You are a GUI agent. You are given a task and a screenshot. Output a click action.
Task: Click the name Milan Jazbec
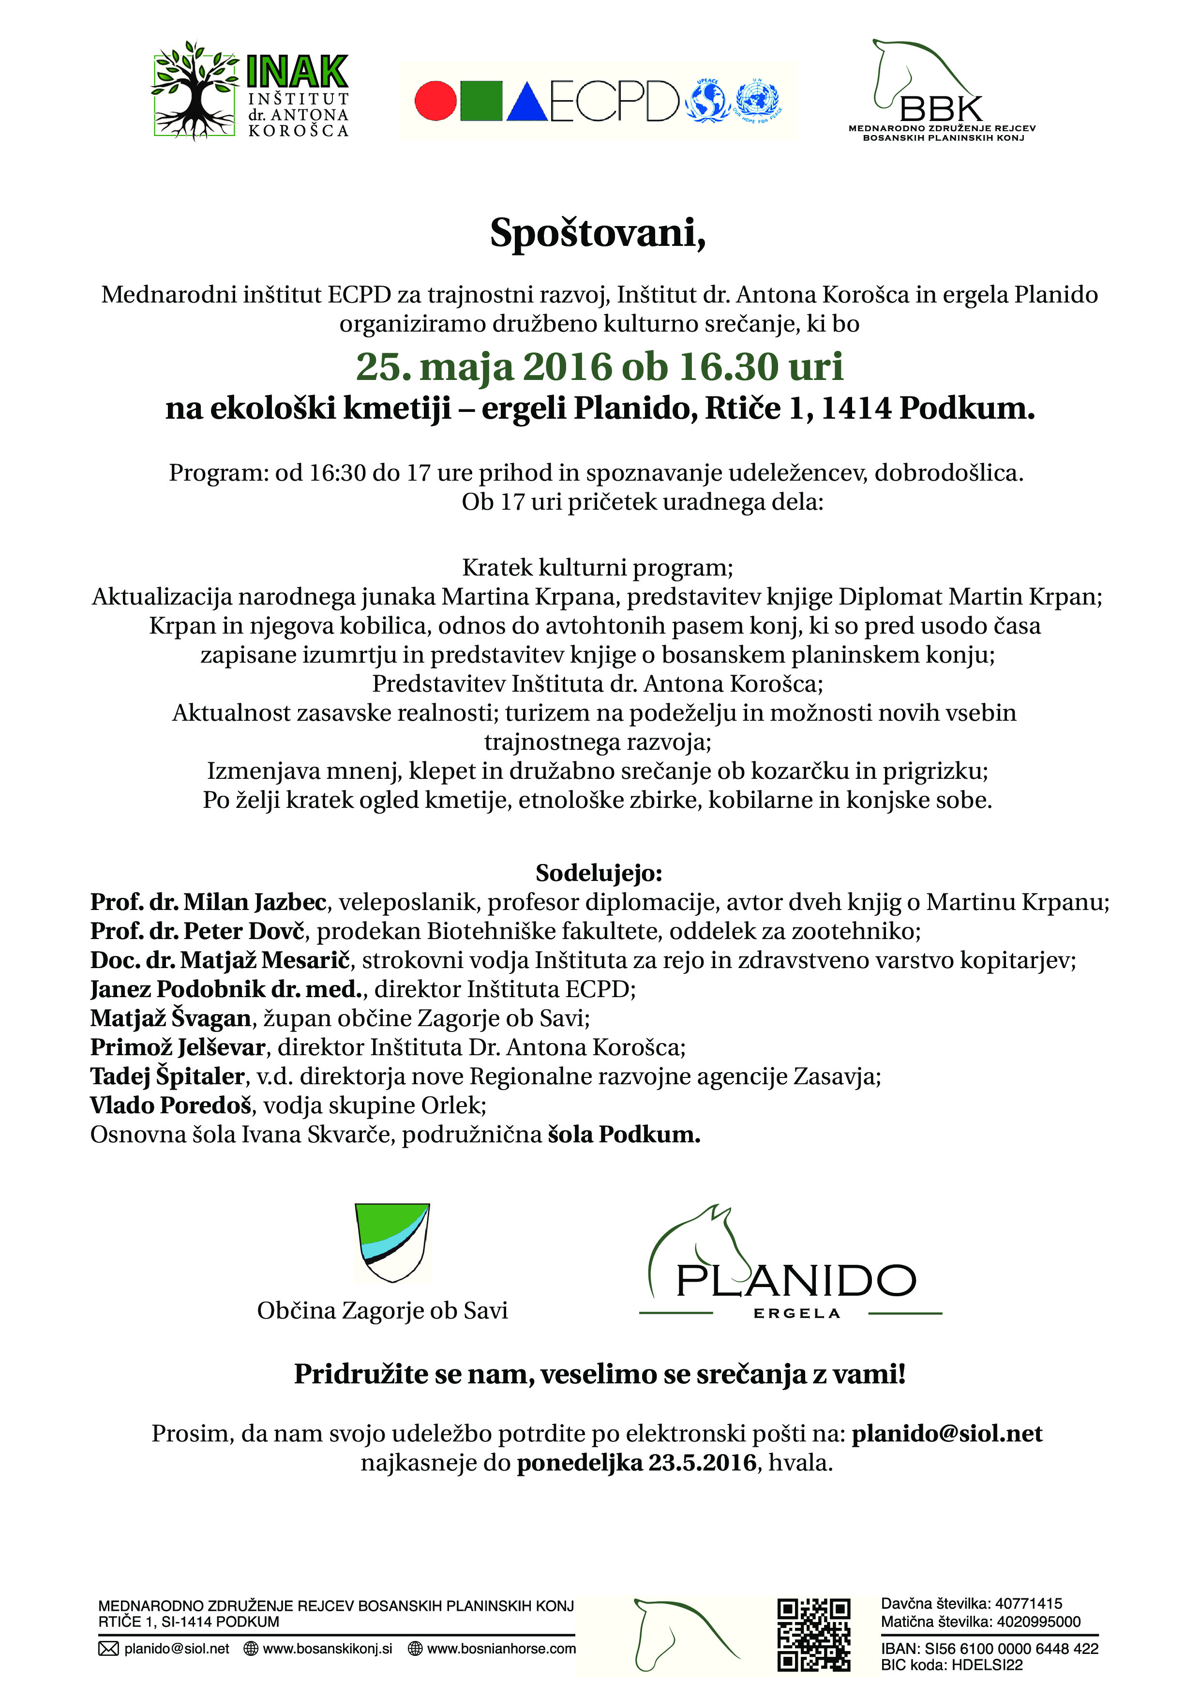[x=255, y=902]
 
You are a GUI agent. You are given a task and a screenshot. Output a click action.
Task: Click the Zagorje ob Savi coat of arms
[x=392, y=1243]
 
